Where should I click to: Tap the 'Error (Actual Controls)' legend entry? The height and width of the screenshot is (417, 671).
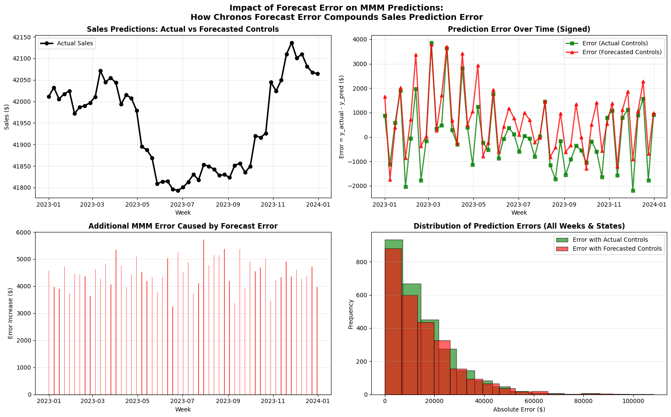click(x=606, y=43)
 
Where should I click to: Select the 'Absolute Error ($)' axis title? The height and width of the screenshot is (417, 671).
click(x=519, y=409)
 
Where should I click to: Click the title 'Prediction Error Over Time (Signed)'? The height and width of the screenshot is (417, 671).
click(x=519, y=29)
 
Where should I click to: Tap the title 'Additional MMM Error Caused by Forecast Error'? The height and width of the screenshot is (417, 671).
click(x=183, y=226)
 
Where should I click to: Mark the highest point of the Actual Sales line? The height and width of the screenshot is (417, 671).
click(x=292, y=43)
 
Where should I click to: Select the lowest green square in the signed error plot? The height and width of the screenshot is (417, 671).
click(x=633, y=191)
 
